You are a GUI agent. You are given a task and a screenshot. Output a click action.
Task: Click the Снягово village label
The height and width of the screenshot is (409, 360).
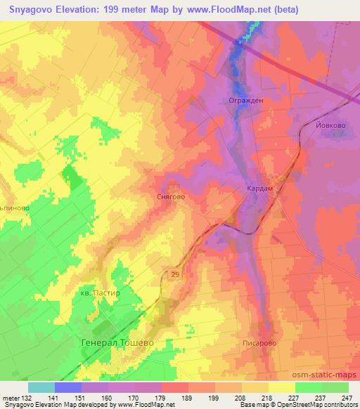click(x=169, y=197)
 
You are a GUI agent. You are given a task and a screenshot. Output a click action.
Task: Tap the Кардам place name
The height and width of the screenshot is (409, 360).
click(x=259, y=189)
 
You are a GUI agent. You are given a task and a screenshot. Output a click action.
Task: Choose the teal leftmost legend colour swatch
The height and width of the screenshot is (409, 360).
click(x=41, y=387)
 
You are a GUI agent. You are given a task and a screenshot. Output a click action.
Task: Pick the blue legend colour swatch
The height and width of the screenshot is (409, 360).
click(x=67, y=387)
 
